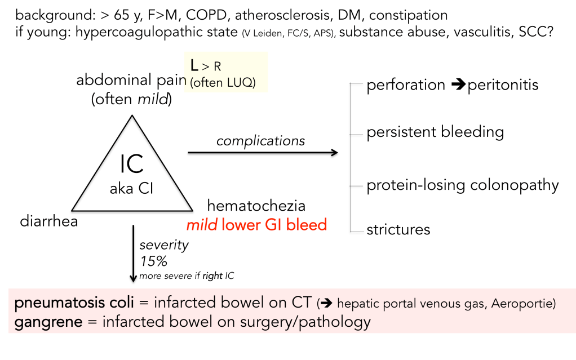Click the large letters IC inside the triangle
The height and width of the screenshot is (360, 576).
132,164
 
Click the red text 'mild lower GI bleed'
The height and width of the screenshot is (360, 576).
256,225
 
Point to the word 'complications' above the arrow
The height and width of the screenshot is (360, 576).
261,140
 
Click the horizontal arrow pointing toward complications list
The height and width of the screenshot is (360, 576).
262,152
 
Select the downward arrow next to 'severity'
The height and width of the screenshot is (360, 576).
133,254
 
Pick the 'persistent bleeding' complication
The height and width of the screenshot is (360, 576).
435,132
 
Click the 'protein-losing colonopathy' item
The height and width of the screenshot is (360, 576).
462,185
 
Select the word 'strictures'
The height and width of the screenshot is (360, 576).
398,229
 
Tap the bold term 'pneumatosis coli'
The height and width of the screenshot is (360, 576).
74,303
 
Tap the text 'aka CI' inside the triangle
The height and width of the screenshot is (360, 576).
132,189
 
